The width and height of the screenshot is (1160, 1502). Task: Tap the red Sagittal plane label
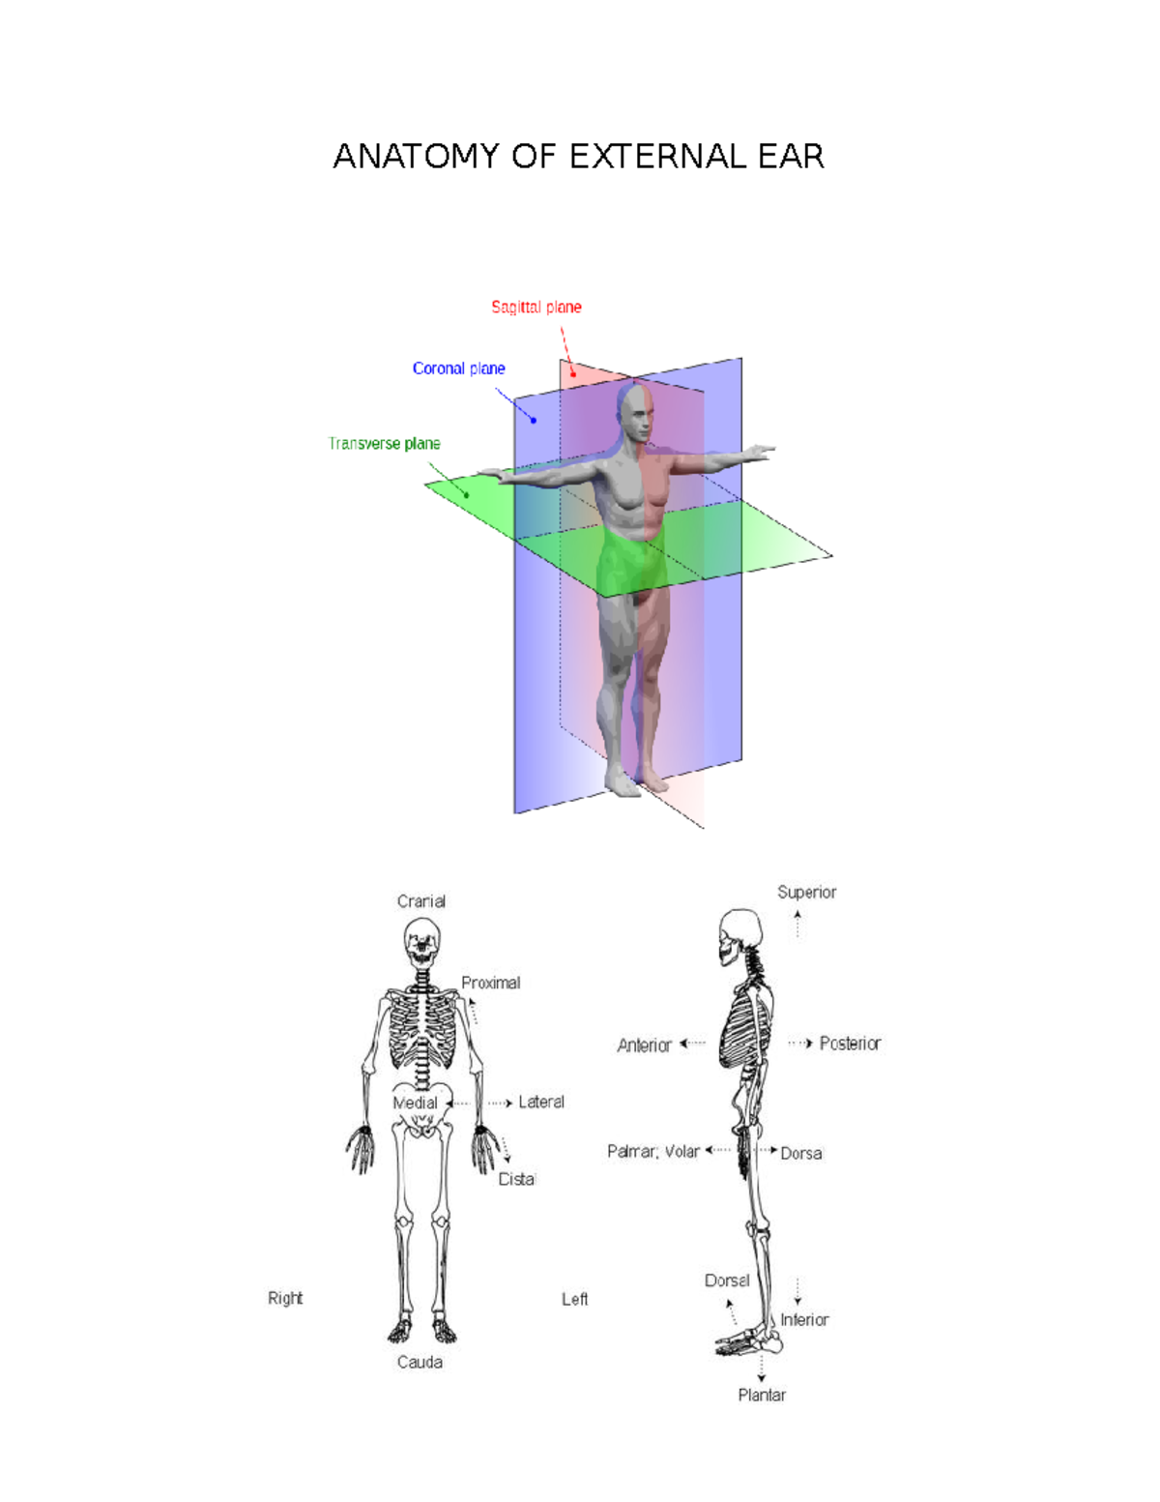click(536, 308)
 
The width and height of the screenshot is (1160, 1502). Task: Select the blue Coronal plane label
click(458, 368)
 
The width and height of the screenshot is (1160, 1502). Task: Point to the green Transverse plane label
click(384, 444)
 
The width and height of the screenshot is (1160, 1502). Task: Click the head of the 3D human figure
click(636, 414)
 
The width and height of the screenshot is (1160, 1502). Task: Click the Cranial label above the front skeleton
click(421, 901)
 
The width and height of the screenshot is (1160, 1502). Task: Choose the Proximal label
click(490, 983)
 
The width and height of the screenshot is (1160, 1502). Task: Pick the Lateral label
click(540, 1102)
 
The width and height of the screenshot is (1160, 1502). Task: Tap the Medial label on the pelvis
click(416, 1103)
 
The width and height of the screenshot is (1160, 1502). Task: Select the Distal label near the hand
click(516, 1179)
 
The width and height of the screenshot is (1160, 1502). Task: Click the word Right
click(285, 1298)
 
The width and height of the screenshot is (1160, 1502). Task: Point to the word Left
click(574, 1299)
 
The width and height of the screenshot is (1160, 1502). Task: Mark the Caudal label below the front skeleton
click(420, 1362)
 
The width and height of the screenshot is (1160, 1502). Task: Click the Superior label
click(806, 892)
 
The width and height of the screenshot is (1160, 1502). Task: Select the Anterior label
click(644, 1046)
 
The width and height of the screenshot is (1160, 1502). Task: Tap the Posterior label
click(850, 1044)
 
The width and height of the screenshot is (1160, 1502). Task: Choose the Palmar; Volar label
click(652, 1151)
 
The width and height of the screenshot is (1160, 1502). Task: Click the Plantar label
click(762, 1395)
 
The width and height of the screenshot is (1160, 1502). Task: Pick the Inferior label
click(804, 1319)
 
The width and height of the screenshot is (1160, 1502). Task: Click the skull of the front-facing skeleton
click(421, 942)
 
